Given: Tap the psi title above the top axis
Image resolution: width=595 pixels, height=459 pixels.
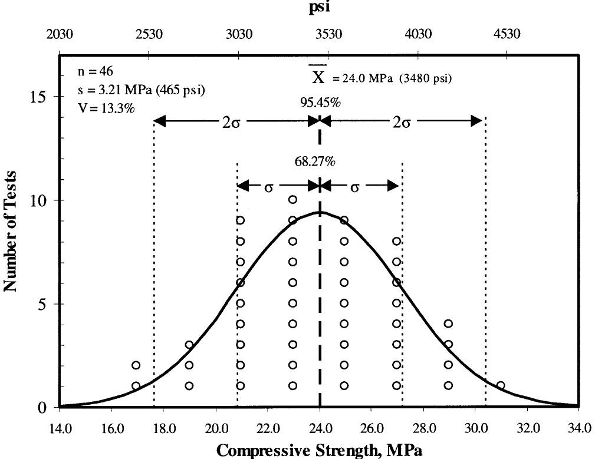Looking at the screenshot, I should click(319, 9).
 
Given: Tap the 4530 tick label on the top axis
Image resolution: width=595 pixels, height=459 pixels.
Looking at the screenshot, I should click(507, 34).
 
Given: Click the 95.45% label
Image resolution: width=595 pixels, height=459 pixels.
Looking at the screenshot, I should click(319, 103).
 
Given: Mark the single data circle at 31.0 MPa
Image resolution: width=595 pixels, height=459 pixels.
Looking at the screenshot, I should click(501, 385).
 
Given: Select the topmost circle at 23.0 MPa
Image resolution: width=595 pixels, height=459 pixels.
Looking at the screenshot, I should click(292, 200).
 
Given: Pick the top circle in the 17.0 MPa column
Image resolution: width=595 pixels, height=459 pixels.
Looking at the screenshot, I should click(136, 365).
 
